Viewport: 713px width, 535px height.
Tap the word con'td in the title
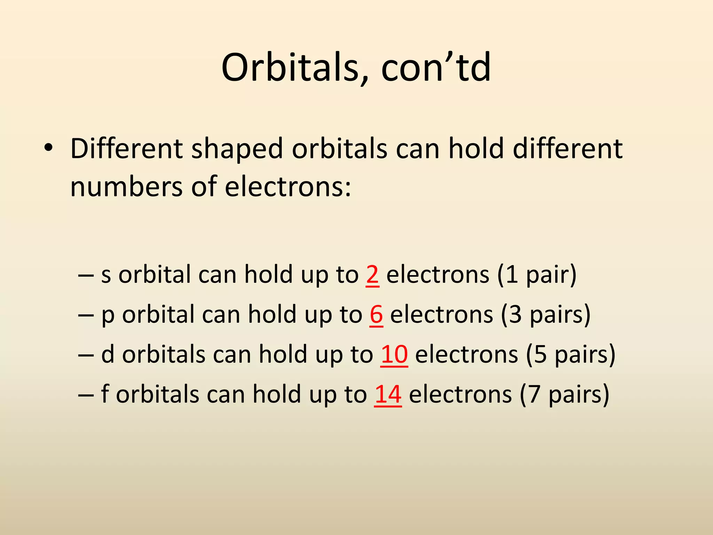pos(436,68)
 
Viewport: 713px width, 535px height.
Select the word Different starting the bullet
pos(126,149)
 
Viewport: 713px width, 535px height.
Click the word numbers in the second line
pos(126,187)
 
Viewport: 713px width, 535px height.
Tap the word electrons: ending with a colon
pos(288,187)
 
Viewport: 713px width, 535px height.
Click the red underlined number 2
pos(372,275)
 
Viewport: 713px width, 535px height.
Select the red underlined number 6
pos(376,315)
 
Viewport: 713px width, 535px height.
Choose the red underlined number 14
pos(388,395)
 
